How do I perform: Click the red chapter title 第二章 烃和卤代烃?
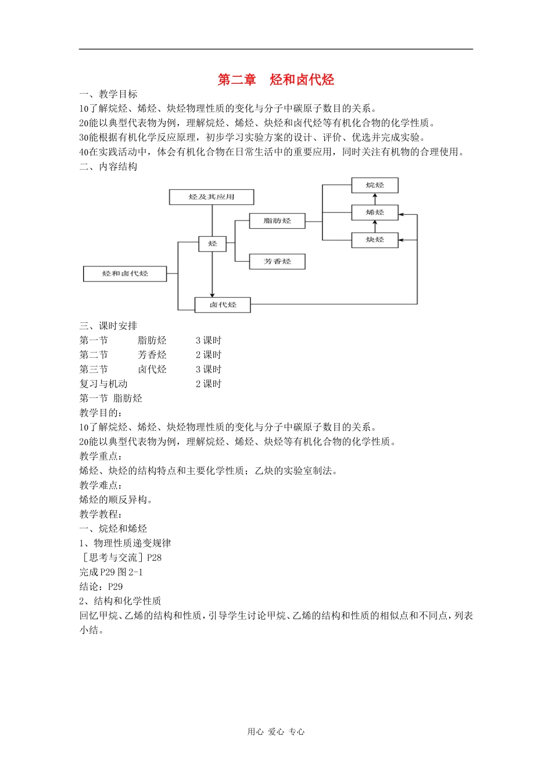(276, 80)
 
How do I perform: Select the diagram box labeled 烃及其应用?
(212, 197)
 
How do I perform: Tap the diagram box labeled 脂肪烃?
(277, 221)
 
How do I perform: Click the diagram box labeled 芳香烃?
(277, 261)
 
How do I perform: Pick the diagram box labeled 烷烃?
(375, 185)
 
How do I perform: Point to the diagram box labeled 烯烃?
(375, 212)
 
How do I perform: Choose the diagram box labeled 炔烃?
(375, 239)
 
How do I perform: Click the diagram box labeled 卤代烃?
(223, 304)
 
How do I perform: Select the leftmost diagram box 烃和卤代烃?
(125, 273)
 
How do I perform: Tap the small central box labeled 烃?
(212, 243)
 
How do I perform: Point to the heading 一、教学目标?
(109, 94)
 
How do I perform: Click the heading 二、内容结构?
(109, 166)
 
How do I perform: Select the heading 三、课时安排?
(109, 326)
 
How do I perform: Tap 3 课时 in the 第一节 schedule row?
(209, 340)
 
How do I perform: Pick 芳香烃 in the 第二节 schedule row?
(152, 355)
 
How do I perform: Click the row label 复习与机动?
(103, 384)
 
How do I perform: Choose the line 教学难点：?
(101, 485)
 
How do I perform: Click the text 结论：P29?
(101, 586)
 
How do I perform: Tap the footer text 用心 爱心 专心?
(276, 732)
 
